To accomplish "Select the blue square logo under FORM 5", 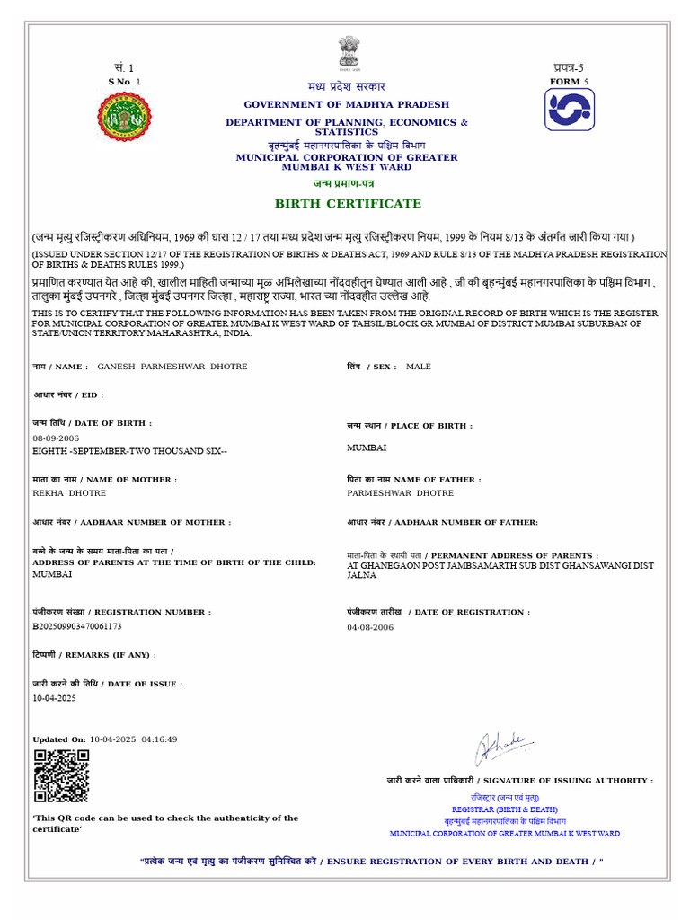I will coord(569,110).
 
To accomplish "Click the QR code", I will coord(61,775).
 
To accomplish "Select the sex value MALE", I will coord(419,367).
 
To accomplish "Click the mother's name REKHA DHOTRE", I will coord(69,493).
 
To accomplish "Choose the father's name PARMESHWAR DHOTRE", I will coord(400,493).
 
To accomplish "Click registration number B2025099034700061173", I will coord(77,626).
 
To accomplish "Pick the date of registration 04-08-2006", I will coord(370,626).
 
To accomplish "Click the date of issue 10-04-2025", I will coord(55,697).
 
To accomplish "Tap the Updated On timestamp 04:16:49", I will coord(159,739).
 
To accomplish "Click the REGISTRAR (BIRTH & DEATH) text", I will coord(504,809).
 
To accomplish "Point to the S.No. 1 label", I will coord(124,82).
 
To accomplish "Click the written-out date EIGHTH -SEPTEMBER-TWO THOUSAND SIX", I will coord(129,451).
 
